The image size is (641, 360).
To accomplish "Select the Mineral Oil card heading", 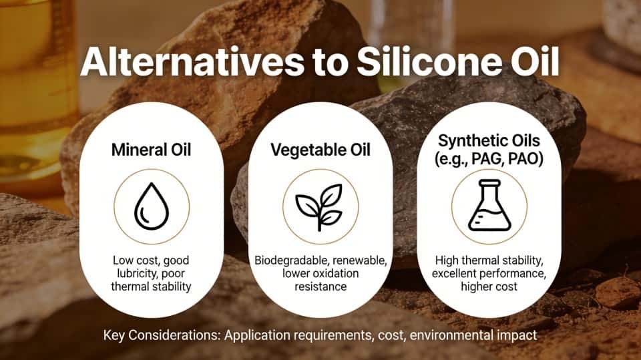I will pyautogui.click(x=151, y=150).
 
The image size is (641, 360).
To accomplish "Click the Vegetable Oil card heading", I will pyautogui.click(x=320, y=150).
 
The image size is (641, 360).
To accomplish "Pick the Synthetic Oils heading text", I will pyautogui.click(x=489, y=141).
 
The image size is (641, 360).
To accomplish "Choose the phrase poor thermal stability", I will pyautogui.click(x=151, y=287).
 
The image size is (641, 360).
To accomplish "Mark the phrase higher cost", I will pyautogui.click(x=489, y=287).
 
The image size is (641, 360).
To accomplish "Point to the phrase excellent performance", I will pyautogui.click(x=489, y=274).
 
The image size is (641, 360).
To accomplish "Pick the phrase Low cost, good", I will pyautogui.click(x=151, y=259).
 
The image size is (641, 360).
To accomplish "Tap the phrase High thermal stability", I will pyautogui.click(x=489, y=260).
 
